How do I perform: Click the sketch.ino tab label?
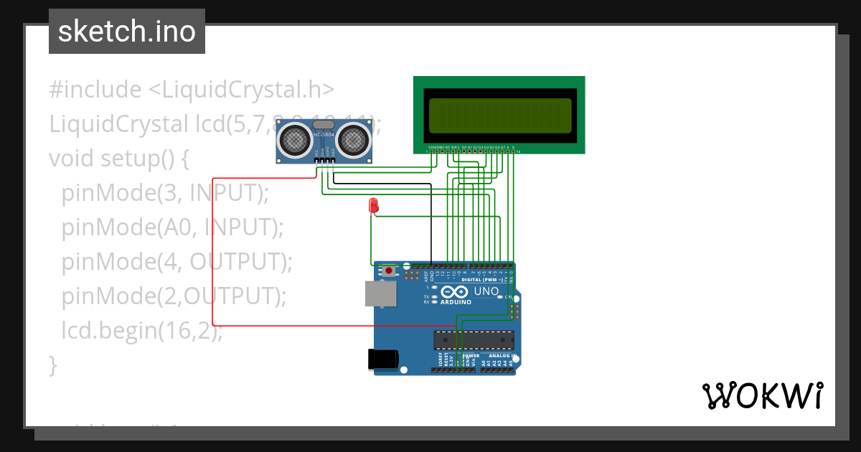click(x=126, y=32)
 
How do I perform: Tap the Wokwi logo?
click(x=761, y=395)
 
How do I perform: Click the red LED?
click(x=373, y=205)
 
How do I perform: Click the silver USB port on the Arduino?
click(x=380, y=294)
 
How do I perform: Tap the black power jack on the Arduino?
click(x=382, y=359)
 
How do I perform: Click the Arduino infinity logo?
click(x=456, y=292)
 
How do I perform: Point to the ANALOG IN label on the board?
click(x=502, y=356)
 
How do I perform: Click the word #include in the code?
click(x=95, y=90)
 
